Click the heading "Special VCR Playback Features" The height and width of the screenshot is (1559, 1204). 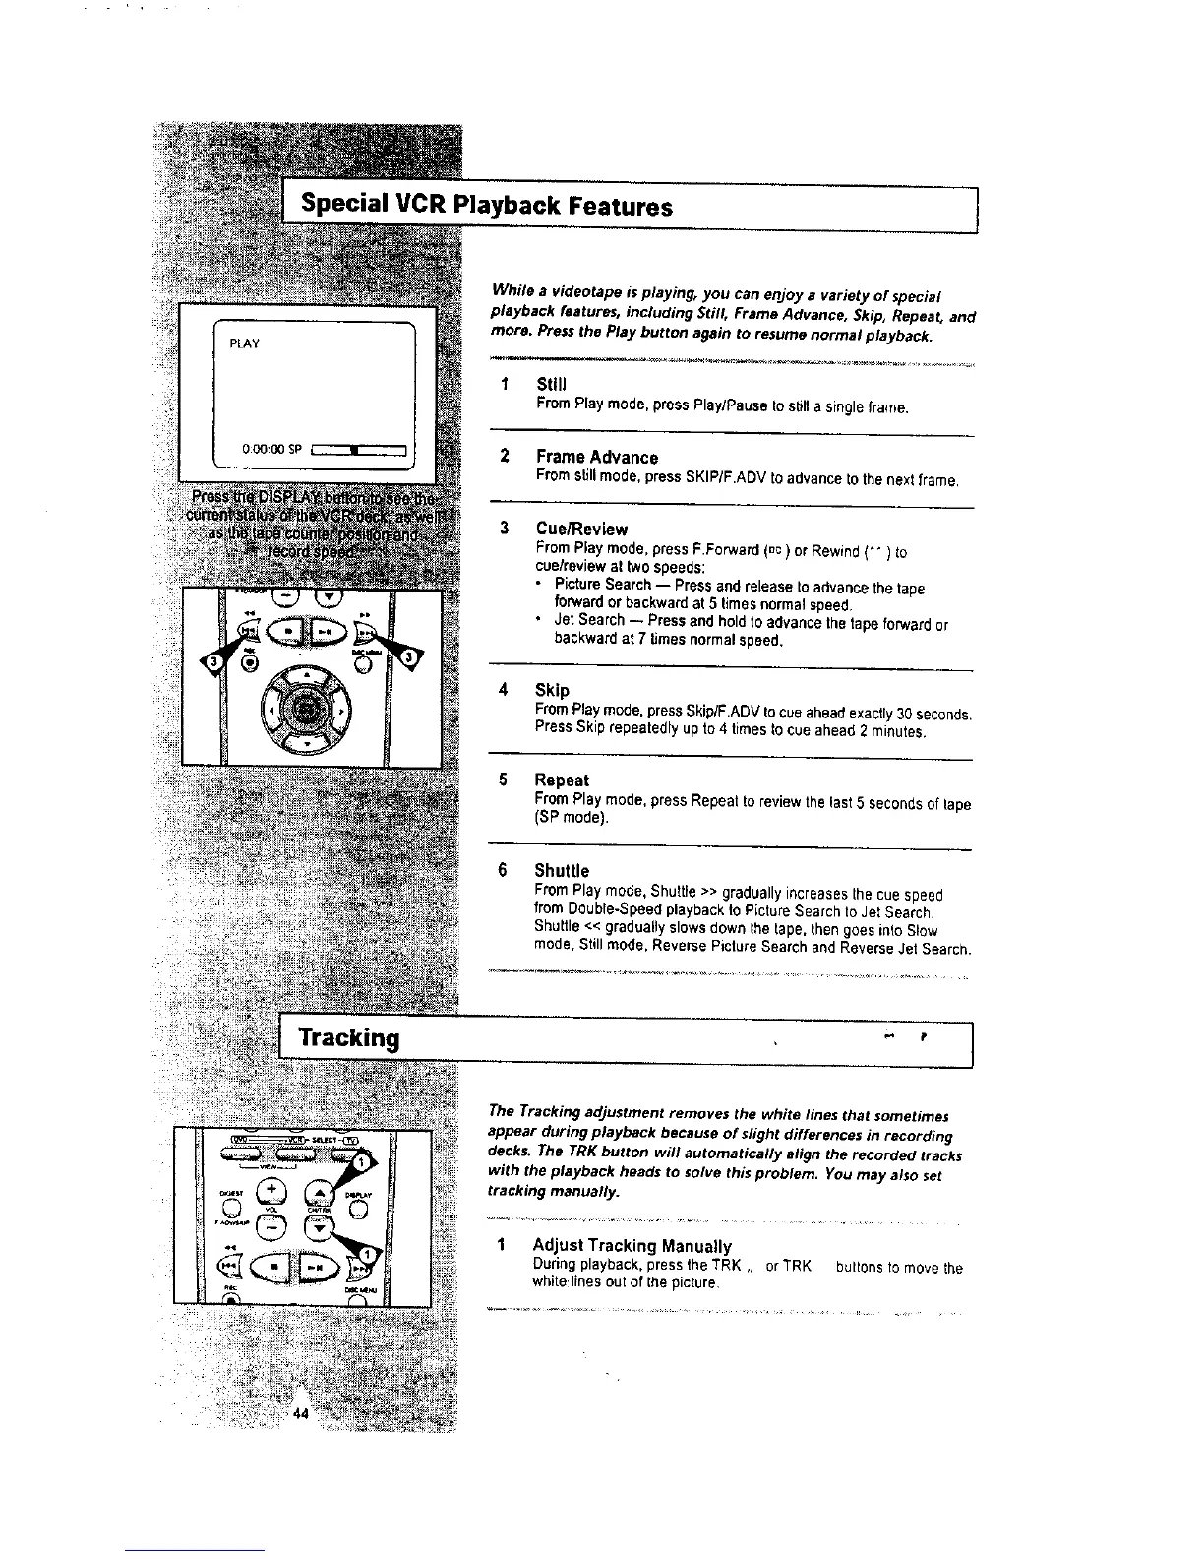pos(486,207)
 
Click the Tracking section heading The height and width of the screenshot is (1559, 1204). pos(349,1038)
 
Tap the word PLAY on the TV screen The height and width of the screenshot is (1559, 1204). pos(244,343)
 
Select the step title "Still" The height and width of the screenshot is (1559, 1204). pos(552,383)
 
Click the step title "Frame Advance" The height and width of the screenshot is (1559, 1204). pos(596,458)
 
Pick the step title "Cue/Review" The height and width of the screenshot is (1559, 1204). pos(580,530)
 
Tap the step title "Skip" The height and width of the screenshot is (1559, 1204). pos(551,690)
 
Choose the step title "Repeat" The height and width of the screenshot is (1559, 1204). pos(561,780)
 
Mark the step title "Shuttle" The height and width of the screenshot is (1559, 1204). pos(562,871)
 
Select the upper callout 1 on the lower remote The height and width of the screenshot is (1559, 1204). pos(361,1163)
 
